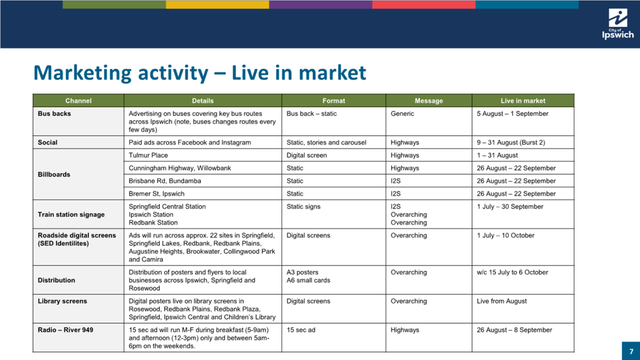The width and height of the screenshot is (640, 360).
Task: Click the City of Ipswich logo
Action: coord(618,24)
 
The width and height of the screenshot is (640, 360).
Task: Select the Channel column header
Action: coord(79,100)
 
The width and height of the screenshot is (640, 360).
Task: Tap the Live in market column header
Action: coord(523,100)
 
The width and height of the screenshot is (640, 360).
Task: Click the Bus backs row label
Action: coord(54,113)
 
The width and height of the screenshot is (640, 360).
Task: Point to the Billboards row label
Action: coord(54,174)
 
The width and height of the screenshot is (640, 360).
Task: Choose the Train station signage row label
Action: coord(71,214)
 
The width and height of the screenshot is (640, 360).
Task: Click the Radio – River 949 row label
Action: coord(65,330)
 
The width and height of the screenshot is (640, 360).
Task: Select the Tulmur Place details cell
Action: coord(148,155)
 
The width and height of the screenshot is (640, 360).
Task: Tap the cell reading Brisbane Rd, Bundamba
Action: coord(165,181)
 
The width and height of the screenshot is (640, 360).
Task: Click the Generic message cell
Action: coord(402,113)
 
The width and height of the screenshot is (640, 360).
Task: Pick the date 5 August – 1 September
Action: coord(513,113)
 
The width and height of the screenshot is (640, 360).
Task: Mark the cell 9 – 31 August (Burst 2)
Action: coord(511,142)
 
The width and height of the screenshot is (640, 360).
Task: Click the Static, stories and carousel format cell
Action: coord(326,142)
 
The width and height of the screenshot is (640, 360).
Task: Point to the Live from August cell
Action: coord(502,301)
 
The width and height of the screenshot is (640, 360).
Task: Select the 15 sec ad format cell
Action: coord(301,330)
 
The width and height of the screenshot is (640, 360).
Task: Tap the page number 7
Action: coord(631,351)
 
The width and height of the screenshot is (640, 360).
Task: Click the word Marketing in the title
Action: coord(82,73)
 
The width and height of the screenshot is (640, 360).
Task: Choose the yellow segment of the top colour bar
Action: coord(217,5)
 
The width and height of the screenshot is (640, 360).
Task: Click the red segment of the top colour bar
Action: coord(424,5)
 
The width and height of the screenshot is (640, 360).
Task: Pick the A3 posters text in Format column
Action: coord(302,272)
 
